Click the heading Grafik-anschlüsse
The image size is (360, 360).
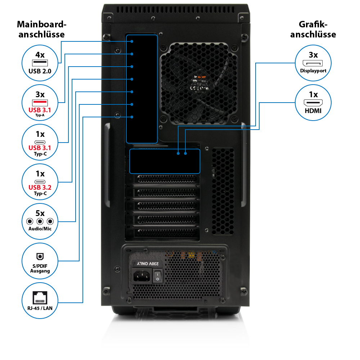click(x=313, y=30)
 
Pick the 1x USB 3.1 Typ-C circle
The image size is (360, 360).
click(x=40, y=142)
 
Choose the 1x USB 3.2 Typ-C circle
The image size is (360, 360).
click(x=40, y=182)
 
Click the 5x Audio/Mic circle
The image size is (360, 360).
click(x=40, y=221)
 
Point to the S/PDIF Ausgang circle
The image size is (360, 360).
click(x=40, y=261)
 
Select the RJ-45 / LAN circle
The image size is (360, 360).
click(x=40, y=301)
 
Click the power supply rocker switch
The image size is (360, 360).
click(x=158, y=276)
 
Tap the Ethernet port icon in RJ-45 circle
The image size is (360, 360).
click(x=40, y=298)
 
